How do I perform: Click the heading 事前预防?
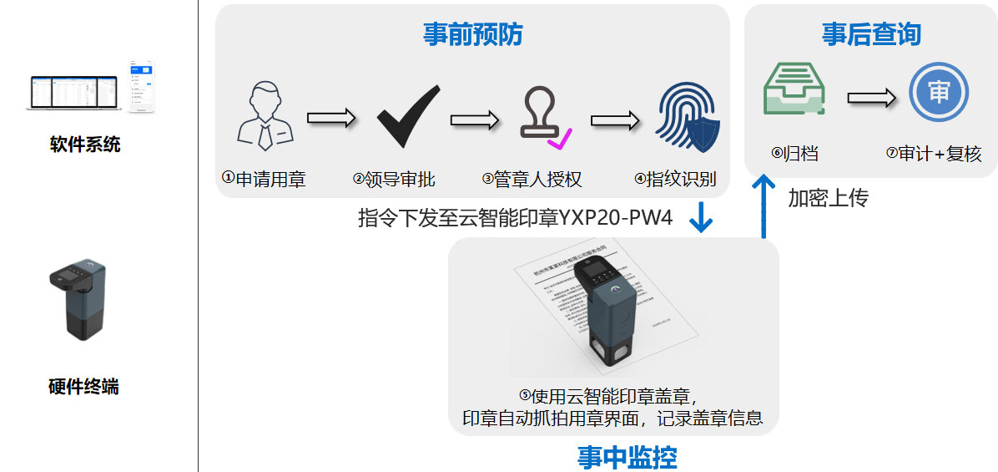(x=472, y=34)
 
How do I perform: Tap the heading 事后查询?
(x=871, y=34)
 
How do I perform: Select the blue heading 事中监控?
(x=627, y=457)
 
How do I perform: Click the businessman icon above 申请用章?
(x=265, y=116)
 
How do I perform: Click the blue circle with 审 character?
(x=939, y=92)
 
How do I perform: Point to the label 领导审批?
(x=395, y=179)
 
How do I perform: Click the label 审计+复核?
(x=934, y=154)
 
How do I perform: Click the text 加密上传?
(x=828, y=198)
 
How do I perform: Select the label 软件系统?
(x=85, y=145)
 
